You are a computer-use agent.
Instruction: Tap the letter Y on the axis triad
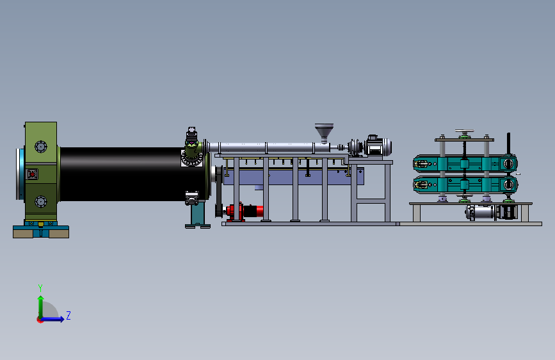pyautogui.click(x=40, y=288)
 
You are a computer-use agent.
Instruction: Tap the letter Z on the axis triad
pyautogui.click(x=68, y=315)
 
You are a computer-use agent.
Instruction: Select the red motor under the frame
pyautogui.click(x=245, y=211)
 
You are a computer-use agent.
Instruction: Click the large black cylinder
pyautogui.click(x=133, y=174)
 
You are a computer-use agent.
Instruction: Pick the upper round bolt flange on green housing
pyautogui.click(x=41, y=146)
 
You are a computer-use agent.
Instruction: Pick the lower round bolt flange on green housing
pyautogui.click(x=41, y=201)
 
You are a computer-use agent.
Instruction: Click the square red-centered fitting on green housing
pyautogui.click(x=32, y=174)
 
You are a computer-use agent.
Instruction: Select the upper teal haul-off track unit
pyautogui.click(x=465, y=164)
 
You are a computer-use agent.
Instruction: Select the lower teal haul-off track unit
pyautogui.click(x=465, y=184)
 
